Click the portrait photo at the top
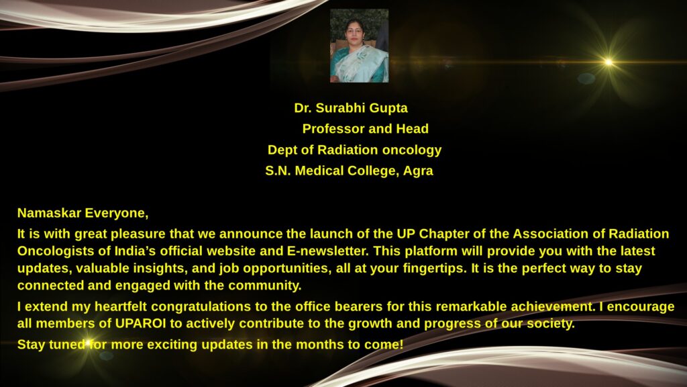point(359,46)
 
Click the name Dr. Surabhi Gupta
point(351,108)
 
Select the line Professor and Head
point(366,128)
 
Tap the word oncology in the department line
point(412,150)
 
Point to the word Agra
point(418,171)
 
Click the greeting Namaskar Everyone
point(83,213)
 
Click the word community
point(264,286)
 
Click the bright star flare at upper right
point(609,62)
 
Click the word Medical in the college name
point(319,171)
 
